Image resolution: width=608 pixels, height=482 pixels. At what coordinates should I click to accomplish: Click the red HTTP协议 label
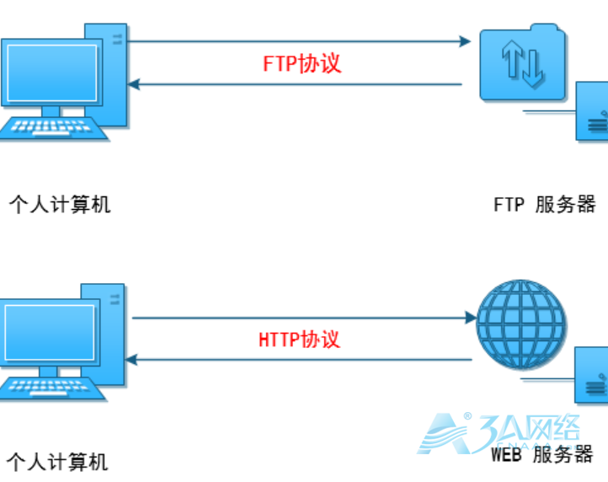click(299, 340)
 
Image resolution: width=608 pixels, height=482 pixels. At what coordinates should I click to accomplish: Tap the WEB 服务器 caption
click(543, 455)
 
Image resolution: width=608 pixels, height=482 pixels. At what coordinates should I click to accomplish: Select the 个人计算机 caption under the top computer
click(60, 204)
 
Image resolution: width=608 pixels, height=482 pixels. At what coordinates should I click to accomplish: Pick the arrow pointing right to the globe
click(303, 318)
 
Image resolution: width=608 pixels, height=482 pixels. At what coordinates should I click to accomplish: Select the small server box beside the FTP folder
click(592, 111)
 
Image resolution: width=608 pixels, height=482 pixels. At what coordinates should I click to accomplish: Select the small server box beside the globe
click(591, 374)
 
